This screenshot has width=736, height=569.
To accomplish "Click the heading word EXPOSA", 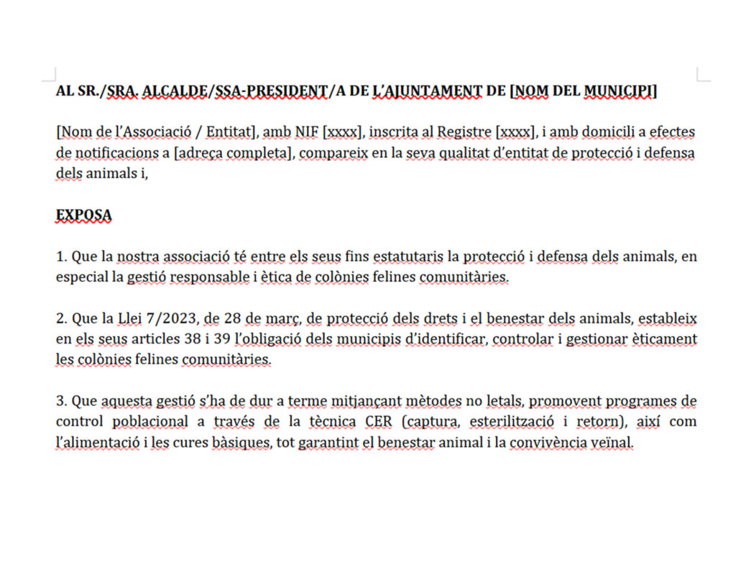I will point(83,215).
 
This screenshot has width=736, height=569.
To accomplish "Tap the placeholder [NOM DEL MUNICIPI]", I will point(583,91).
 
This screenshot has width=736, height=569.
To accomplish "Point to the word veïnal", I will point(615,443).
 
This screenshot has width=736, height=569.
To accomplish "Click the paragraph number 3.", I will point(60,401).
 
